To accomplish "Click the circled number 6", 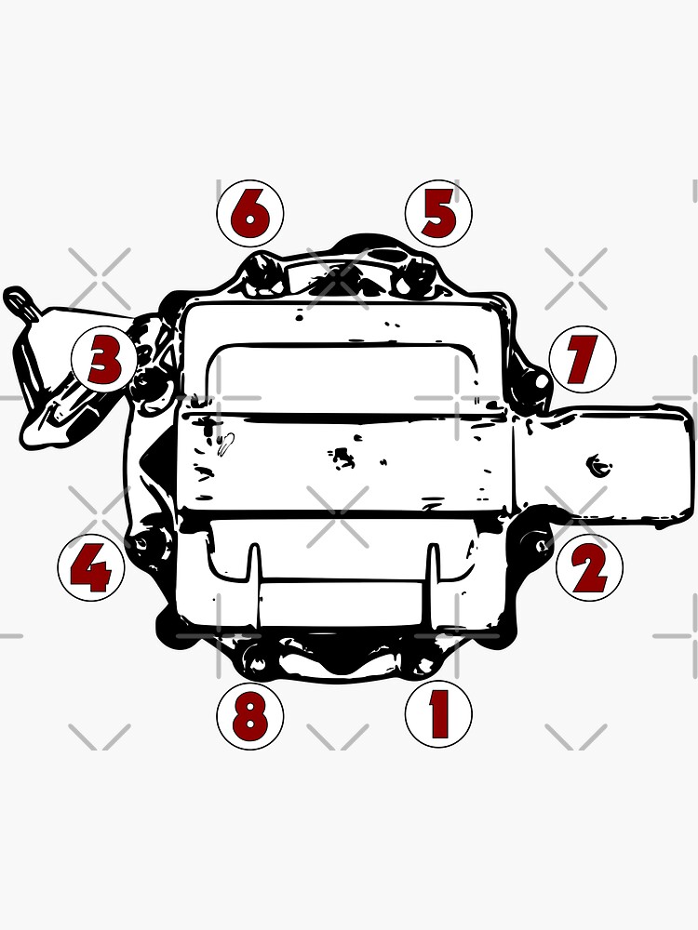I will pos(249,214).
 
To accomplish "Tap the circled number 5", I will pos(438,214).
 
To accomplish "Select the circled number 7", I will pos(583,359).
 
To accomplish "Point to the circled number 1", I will pos(438,714).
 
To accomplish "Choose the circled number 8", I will pos(249,716).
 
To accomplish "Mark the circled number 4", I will pos(90,566).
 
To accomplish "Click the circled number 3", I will pos(105,360).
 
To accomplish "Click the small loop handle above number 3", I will pos(19,299).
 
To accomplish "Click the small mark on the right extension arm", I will pos(593,463).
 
